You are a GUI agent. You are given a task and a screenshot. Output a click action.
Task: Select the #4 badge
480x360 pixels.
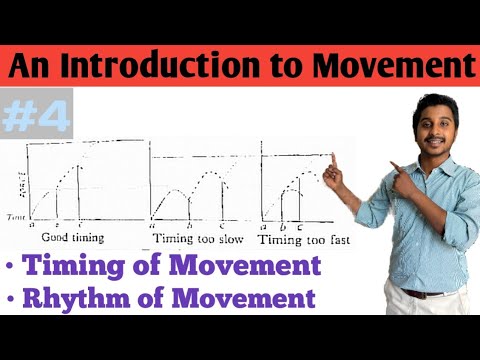(38, 118)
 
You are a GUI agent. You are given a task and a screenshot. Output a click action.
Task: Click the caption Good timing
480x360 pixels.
(70, 238)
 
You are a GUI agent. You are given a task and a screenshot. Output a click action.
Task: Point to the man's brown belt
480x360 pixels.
(424, 292)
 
